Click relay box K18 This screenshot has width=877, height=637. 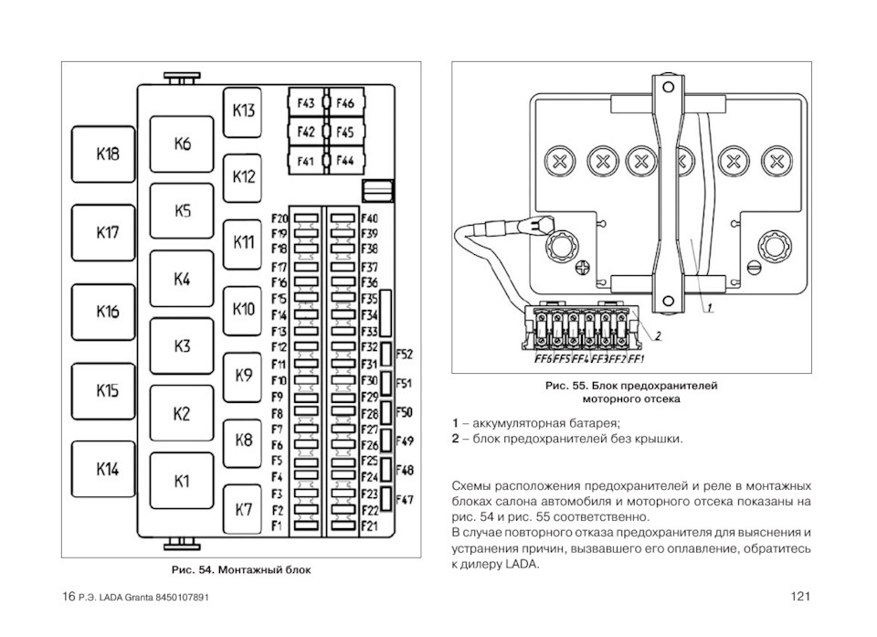[108, 154]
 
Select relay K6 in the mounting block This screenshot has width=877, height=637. [183, 143]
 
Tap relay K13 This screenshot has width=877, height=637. [243, 111]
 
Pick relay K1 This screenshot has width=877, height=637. [183, 481]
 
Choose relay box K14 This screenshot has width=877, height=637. [108, 470]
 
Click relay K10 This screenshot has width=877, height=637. [243, 309]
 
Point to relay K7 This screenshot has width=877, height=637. [243, 510]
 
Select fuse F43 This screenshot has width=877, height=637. [305, 104]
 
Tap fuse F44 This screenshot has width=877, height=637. [343, 161]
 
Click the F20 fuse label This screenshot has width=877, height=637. [280, 219]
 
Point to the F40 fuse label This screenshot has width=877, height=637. [369, 219]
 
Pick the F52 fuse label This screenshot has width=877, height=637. [405, 354]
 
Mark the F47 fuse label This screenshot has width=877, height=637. [405, 500]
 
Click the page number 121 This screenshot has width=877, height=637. [800, 597]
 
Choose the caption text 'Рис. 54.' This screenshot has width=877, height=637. [193, 569]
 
